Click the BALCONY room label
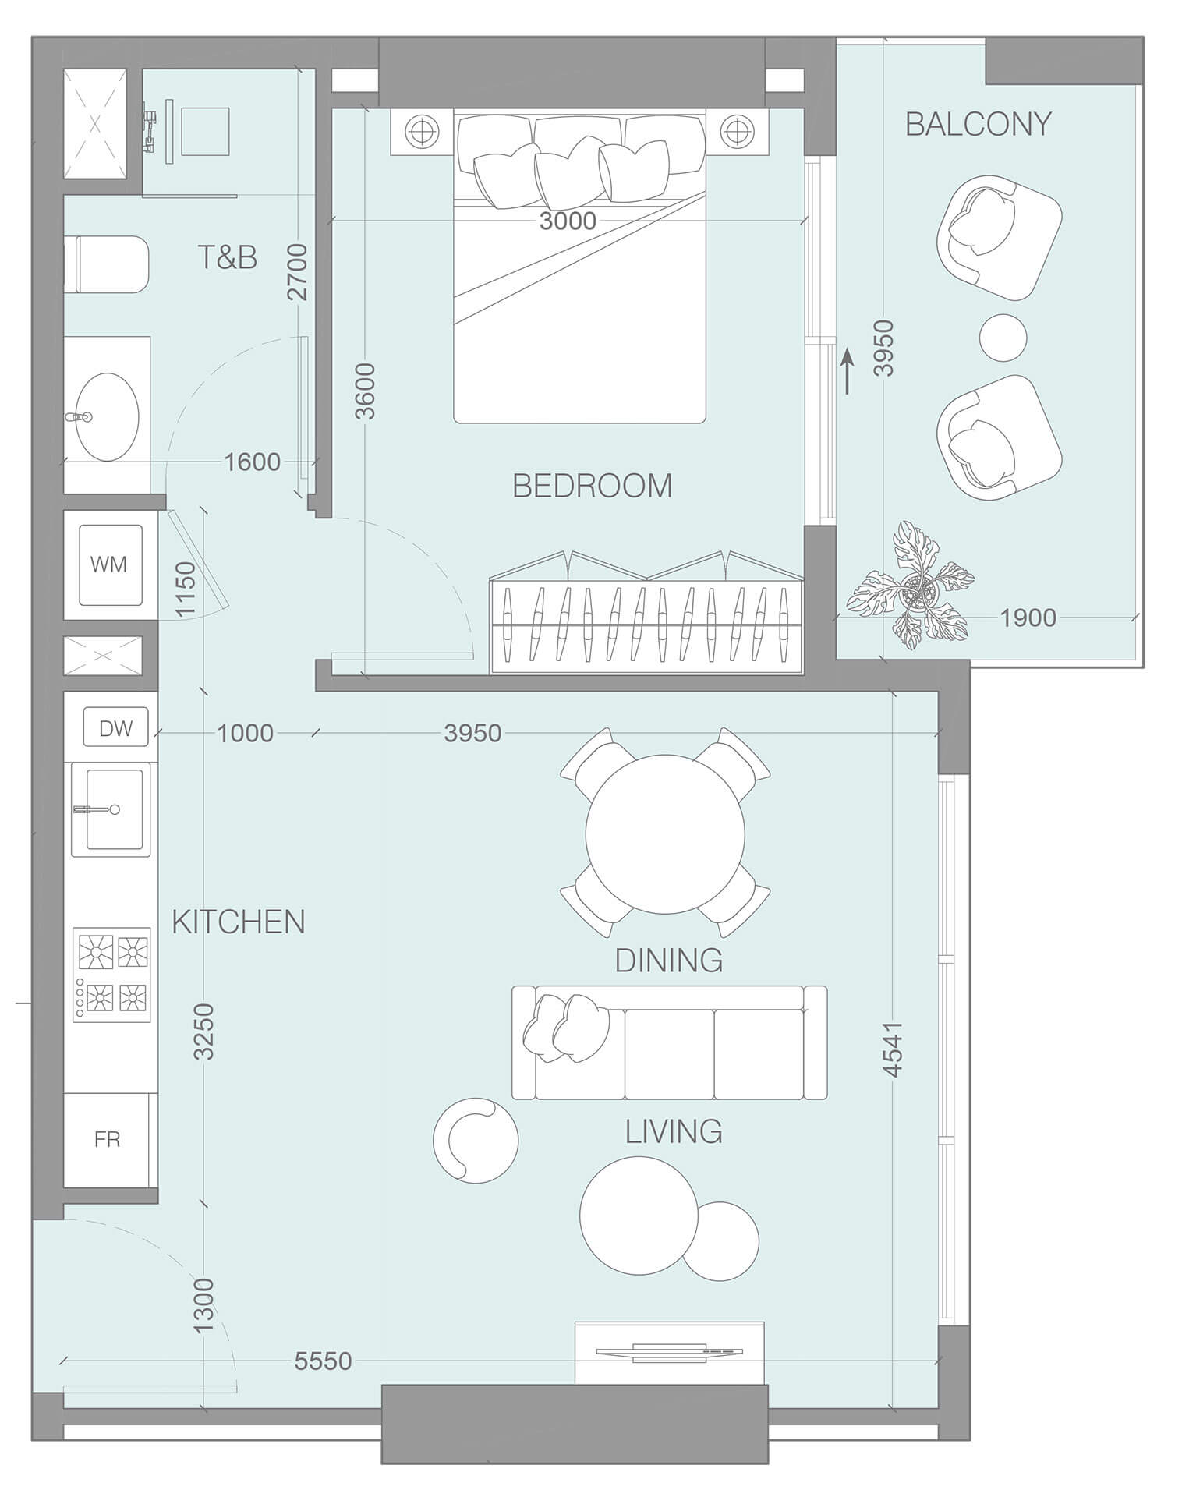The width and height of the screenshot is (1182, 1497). pyautogui.click(x=978, y=124)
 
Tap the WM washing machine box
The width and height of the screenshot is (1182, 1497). pyautogui.click(x=109, y=564)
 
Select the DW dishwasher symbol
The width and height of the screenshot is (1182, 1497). pyautogui.click(x=115, y=728)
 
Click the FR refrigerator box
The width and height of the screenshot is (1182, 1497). pyautogui.click(x=107, y=1139)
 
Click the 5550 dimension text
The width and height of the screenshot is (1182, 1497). pyautogui.click(x=323, y=1361)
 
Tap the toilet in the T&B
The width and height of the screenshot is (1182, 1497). pyautogui.click(x=109, y=265)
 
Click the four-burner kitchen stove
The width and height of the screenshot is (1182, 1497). pyautogui.click(x=111, y=975)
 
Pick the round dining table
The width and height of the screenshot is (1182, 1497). pyautogui.click(x=665, y=833)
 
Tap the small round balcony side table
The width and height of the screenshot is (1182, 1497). pyautogui.click(x=1003, y=337)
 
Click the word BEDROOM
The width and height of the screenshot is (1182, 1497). pyautogui.click(x=592, y=486)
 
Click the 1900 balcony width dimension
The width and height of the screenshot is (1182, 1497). pyautogui.click(x=1028, y=618)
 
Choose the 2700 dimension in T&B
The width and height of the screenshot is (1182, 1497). pyautogui.click(x=297, y=272)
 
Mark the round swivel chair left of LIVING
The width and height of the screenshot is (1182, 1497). pyautogui.click(x=475, y=1141)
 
